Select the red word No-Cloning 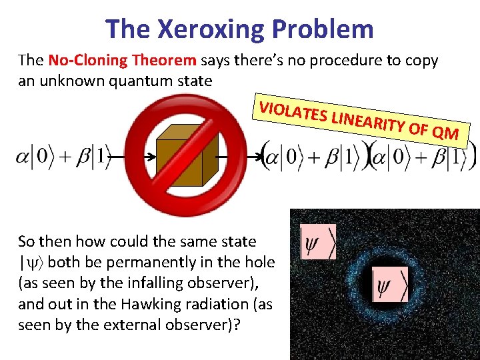click(x=88, y=61)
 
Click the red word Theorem click(x=164, y=61)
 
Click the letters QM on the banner click(x=444, y=133)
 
